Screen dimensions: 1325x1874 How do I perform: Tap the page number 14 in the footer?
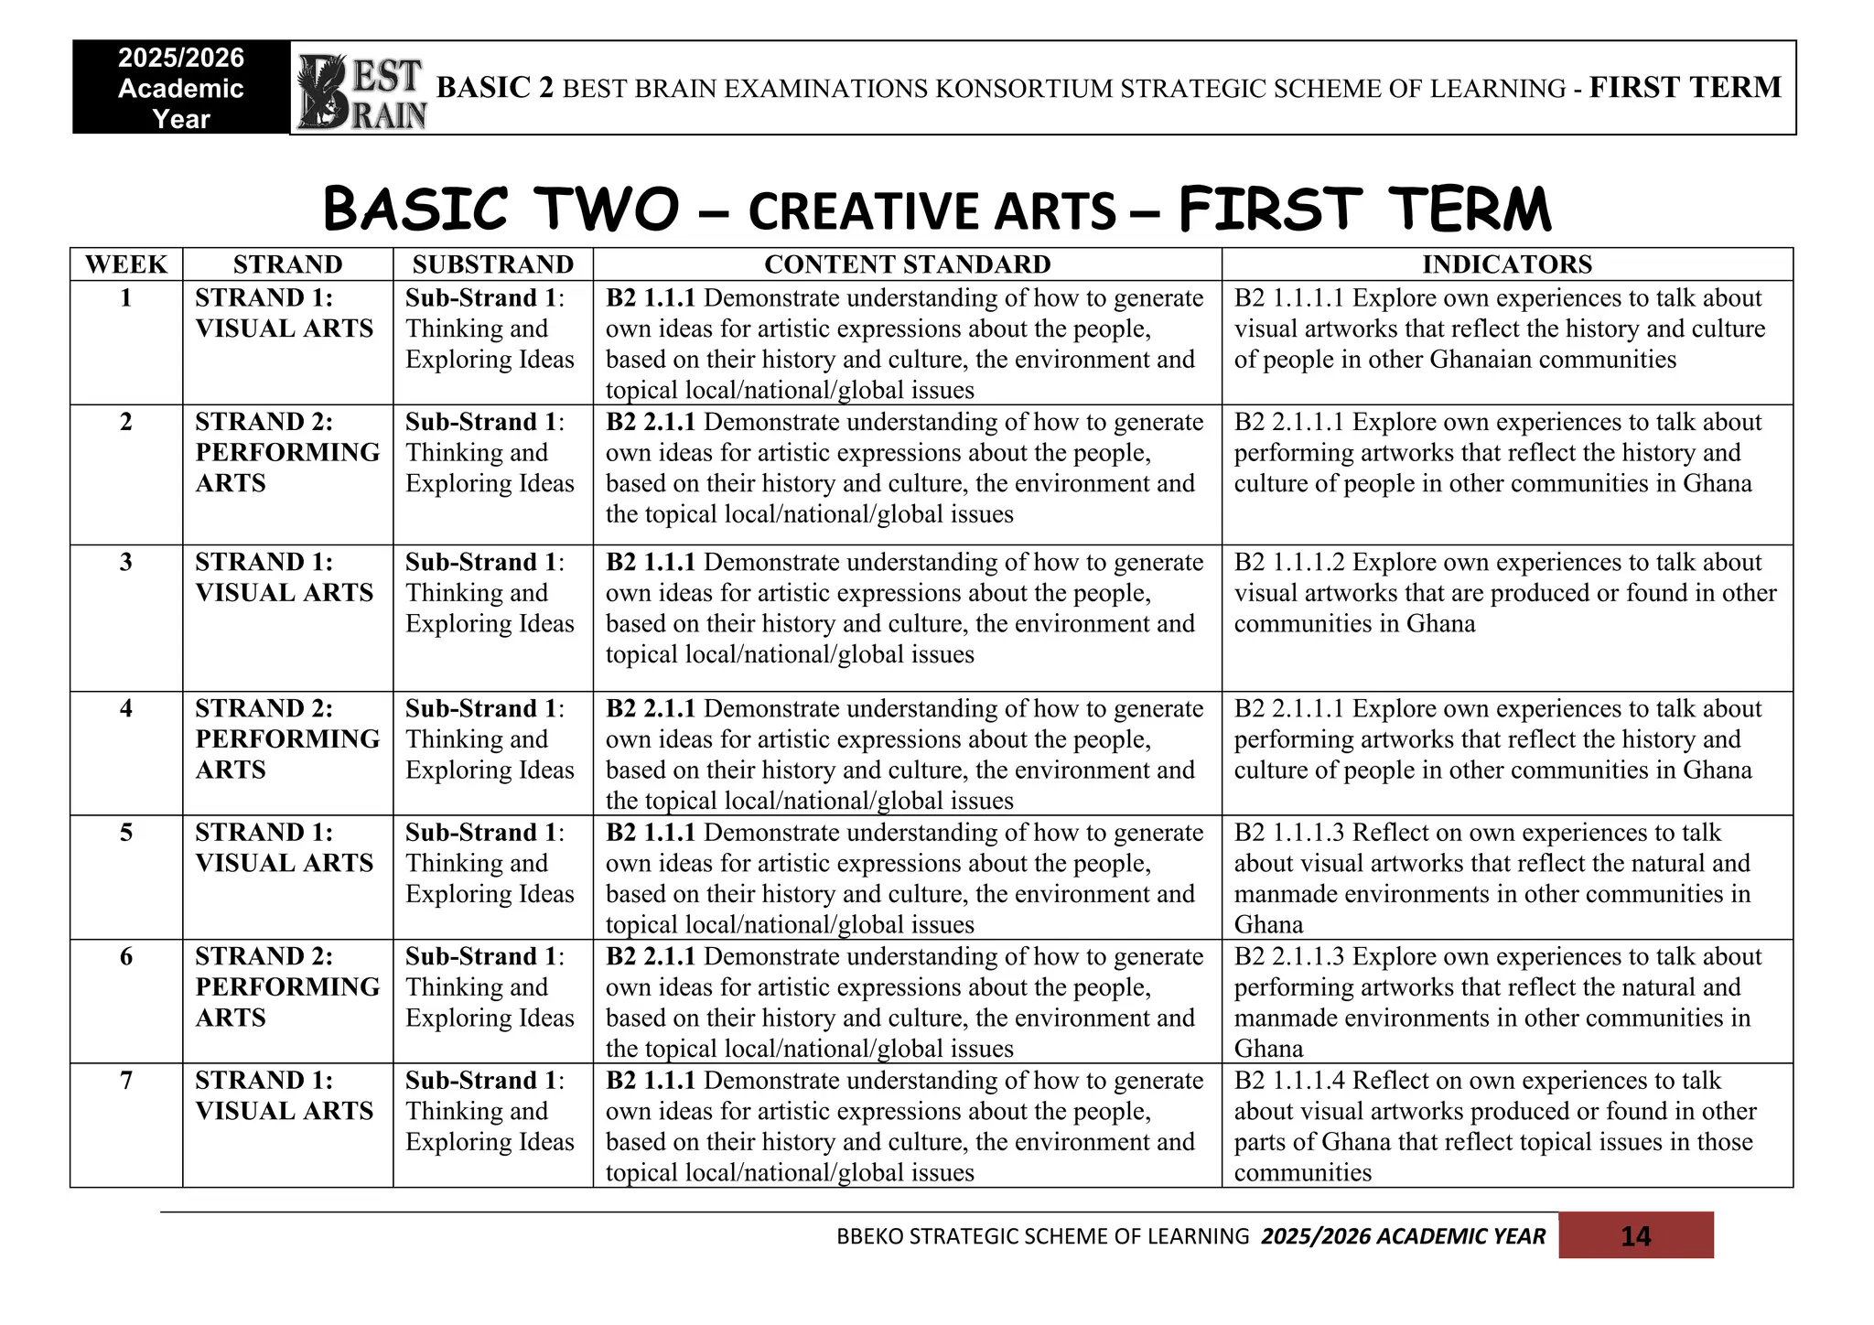(x=1635, y=1236)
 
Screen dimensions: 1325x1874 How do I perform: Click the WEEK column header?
(x=126, y=264)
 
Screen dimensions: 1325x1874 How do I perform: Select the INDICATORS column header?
(x=1506, y=264)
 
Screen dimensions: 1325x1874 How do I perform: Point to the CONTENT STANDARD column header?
(x=907, y=264)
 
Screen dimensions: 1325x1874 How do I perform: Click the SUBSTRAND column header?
(x=492, y=264)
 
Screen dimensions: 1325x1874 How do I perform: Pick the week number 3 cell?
(x=126, y=562)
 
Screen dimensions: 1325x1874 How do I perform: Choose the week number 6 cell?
(x=126, y=956)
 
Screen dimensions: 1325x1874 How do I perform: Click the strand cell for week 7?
(x=285, y=1095)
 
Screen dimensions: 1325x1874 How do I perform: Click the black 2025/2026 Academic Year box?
(x=181, y=88)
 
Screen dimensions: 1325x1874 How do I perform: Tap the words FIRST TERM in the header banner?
(x=1685, y=88)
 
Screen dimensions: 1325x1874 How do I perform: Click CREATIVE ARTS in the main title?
(x=932, y=211)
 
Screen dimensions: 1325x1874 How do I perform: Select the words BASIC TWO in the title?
(x=501, y=210)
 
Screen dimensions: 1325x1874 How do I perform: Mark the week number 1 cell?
(x=126, y=297)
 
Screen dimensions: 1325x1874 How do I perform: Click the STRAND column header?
(x=287, y=264)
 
